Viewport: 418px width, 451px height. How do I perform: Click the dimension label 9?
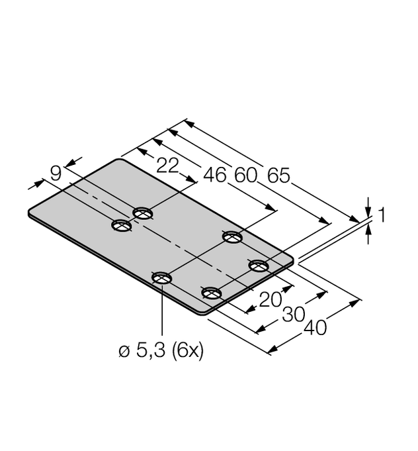point(56,174)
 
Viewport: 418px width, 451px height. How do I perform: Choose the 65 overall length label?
point(278,175)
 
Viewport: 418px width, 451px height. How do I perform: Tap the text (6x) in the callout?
point(187,351)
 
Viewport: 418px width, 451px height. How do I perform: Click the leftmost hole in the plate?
point(121,226)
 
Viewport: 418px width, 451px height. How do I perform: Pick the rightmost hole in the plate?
point(259,266)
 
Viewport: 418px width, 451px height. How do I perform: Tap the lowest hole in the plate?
point(211,293)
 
